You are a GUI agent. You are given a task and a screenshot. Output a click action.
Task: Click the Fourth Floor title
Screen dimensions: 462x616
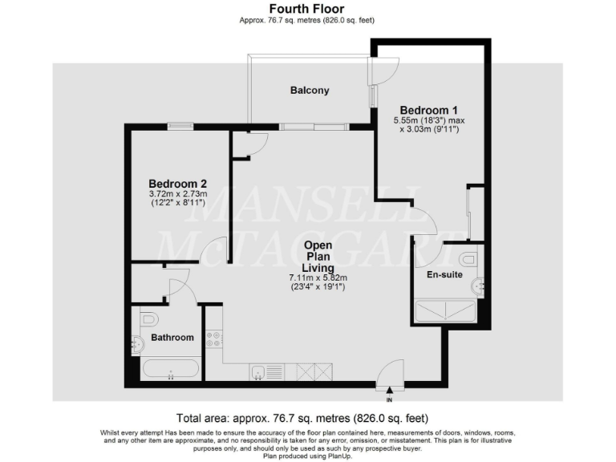308,9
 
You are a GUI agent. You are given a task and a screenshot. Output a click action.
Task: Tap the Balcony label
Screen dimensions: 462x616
310,91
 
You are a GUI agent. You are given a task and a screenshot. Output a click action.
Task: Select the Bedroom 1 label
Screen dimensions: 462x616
428,110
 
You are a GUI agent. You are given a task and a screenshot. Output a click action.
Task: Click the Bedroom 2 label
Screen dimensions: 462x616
177,183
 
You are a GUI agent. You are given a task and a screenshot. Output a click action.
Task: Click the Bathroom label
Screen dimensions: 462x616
172,338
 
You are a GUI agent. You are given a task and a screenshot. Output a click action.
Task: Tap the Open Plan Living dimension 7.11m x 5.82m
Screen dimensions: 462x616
318,278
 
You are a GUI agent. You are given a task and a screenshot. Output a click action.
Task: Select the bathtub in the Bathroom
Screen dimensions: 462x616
170,369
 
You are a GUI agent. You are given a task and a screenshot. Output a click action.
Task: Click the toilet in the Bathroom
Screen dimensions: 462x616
145,319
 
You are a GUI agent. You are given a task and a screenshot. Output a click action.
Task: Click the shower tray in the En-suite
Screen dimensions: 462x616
445,310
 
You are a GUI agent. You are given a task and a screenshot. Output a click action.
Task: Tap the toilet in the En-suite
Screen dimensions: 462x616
469,258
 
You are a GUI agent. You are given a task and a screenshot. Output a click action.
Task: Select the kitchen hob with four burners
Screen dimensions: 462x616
214,339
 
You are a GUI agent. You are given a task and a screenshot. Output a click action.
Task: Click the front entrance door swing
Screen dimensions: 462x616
391,372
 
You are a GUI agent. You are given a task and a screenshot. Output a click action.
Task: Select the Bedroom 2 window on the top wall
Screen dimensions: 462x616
180,124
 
